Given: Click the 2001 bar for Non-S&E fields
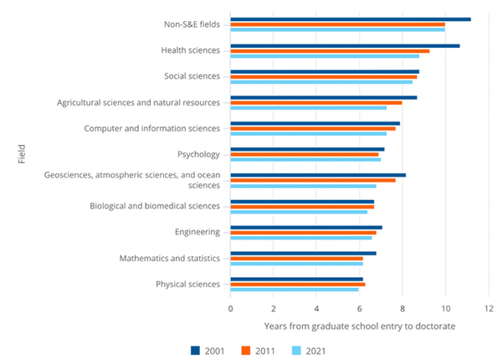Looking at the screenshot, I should (351, 19).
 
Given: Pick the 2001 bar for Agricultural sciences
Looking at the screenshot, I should (324, 97).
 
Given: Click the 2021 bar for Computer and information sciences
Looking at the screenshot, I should (309, 134).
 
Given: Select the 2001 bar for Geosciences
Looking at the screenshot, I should (318, 175).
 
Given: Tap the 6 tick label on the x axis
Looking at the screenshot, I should (360, 307).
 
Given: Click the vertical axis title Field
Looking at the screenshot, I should (21, 155).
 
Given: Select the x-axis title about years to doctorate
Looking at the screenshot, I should (360, 325).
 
